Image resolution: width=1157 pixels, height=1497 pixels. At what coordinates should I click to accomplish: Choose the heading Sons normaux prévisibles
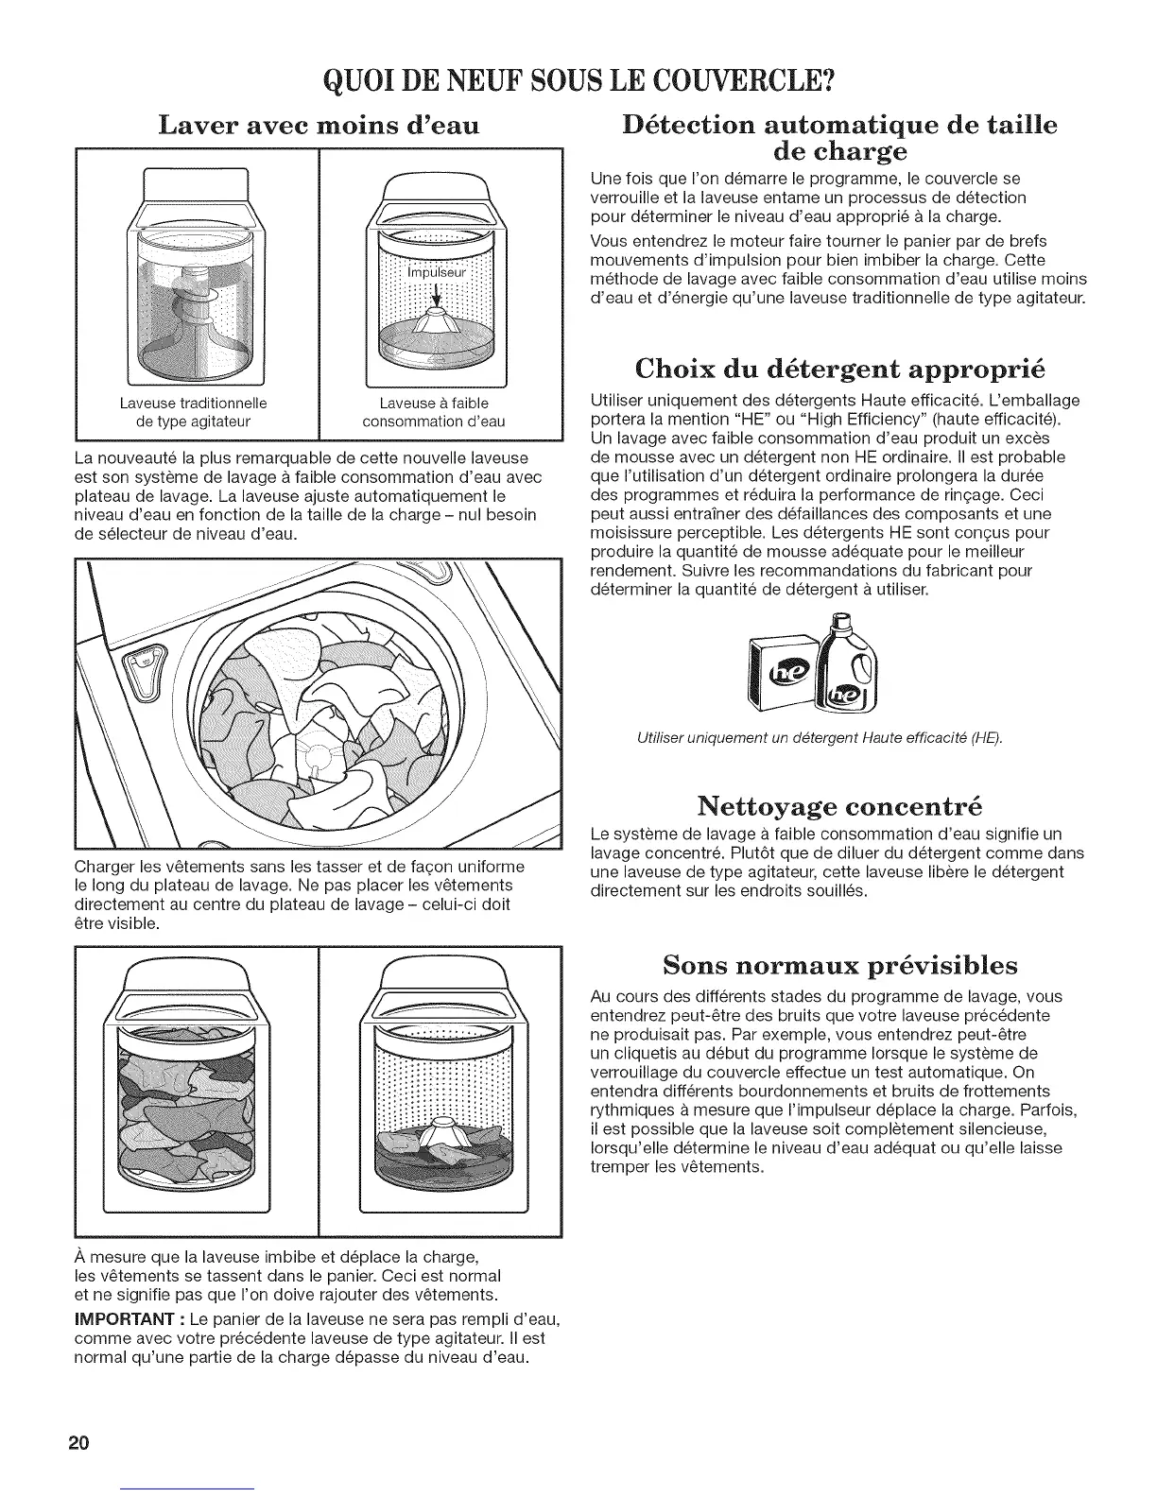tap(840, 965)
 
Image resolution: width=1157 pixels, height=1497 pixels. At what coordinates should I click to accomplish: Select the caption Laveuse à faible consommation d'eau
tap(434, 412)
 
